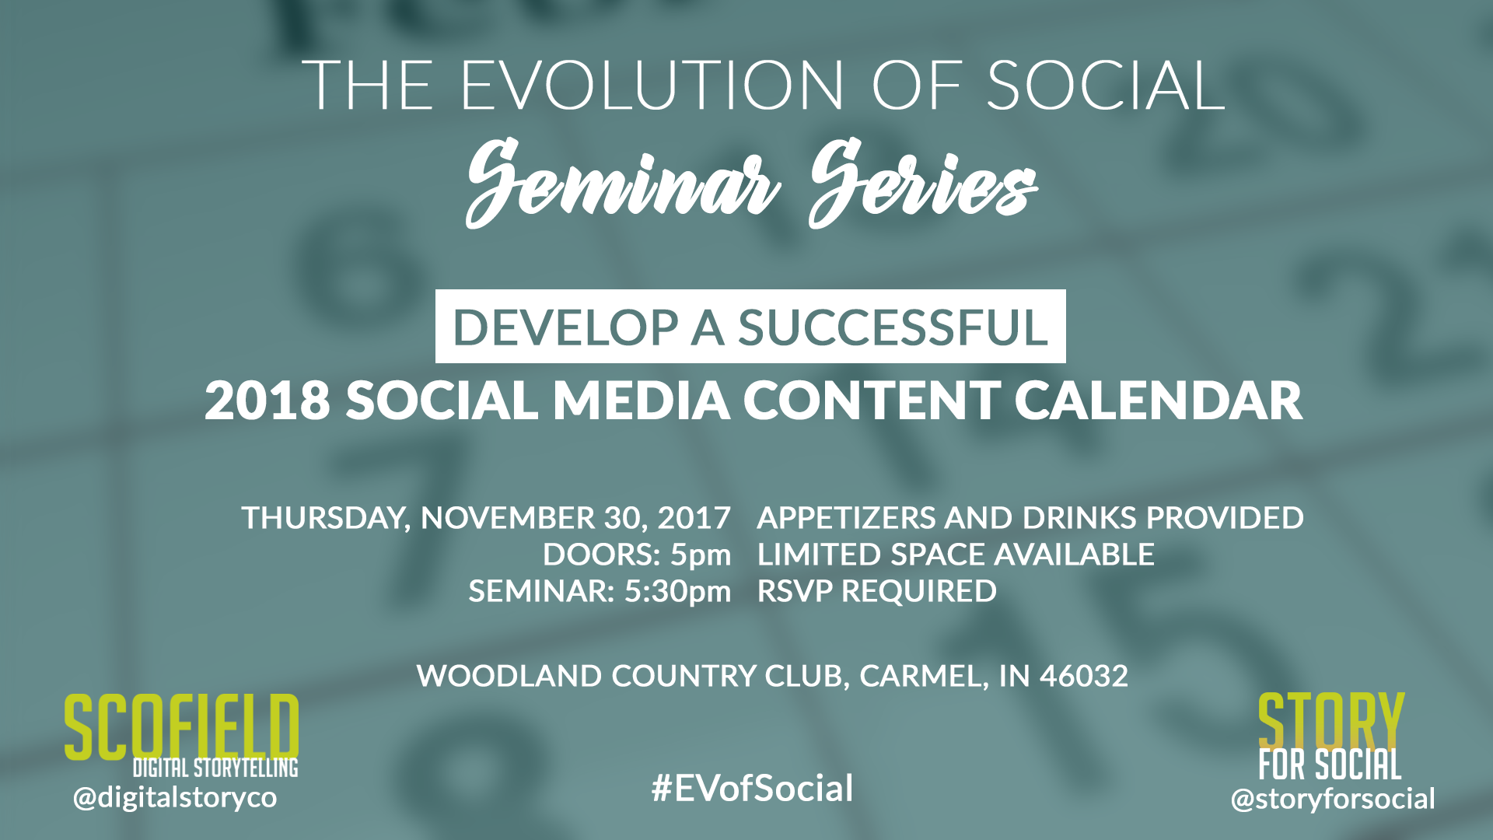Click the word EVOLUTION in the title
[652, 85]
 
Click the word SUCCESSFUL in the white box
[893, 327]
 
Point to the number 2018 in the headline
[267, 401]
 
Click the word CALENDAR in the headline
[1159, 401]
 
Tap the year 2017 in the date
[694, 518]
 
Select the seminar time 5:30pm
[677, 592]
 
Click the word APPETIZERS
[846, 518]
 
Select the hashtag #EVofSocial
[752, 788]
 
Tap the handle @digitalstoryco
[175, 797]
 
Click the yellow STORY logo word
[1331, 721]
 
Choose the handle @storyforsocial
[1333, 799]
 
